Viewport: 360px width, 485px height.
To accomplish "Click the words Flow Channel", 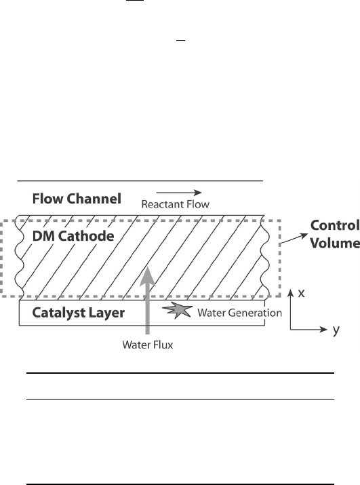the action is [x=77, y=199].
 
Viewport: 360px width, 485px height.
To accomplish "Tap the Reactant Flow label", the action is [x=176, y=204].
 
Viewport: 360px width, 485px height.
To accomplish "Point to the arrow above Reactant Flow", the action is [x=179, y=193].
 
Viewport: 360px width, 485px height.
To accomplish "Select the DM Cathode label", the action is [x=73, y=236].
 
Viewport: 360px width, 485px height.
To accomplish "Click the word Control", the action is [x=335, y=225].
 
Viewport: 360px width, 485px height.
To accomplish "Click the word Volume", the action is [x=335, y=243].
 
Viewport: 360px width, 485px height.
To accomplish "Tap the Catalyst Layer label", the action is [x=79, y=313].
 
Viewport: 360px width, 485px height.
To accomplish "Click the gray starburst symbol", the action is [x=178, y=310].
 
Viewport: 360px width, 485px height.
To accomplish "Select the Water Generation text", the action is [x=240, y=313].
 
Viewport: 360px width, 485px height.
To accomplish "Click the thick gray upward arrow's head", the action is [x=148, y=276].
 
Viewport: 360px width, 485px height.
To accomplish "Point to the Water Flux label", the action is [x=148, y=345].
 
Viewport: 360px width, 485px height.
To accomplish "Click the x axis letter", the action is [x=301, y=293].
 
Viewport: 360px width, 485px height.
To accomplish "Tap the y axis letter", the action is [x=336, y=330].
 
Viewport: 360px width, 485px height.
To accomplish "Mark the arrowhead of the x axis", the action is [x=290, y=292].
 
